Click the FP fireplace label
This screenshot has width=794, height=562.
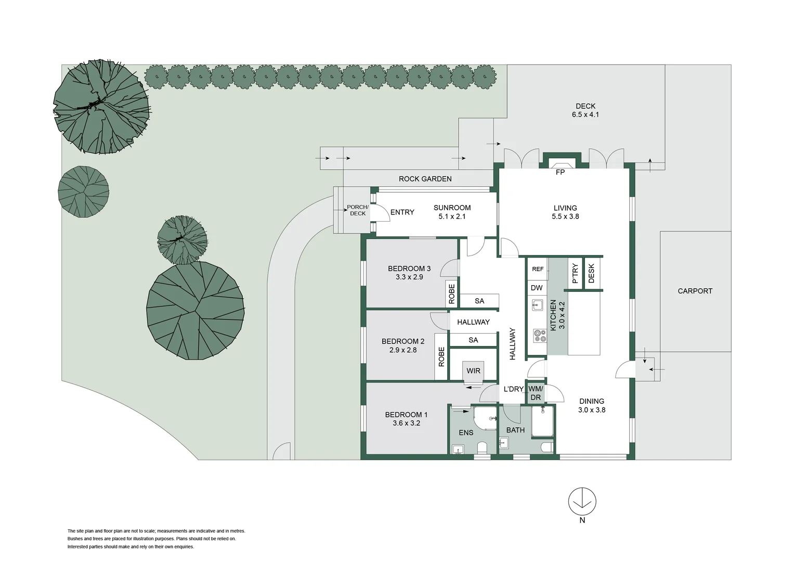[x=560, y=172]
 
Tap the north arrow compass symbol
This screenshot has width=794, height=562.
[x=582, y=502]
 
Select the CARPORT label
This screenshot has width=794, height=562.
[x=695, y=291]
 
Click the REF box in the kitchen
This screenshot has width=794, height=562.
[x=538, y=269]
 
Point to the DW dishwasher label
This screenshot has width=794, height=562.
[x=537, y=288]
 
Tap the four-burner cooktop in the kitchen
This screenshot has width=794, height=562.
[x=540, y=336]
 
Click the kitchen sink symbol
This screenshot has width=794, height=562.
[x=538, y=305]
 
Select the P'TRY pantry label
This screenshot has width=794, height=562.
[x=575, y=273]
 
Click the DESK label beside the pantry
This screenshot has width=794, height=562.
[x=591, y=273]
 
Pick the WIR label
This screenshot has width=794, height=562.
[x=473, y=371]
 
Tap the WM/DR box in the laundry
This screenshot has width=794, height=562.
[x=536, y=393]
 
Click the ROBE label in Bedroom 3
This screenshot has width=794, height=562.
[x=451, y=294]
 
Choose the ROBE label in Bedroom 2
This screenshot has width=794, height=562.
[x=441, y=357]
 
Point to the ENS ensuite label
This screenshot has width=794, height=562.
[x=466, y=432]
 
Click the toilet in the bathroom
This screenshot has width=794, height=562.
[x=546, y=446]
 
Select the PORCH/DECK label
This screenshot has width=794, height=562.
[x=358, y=210]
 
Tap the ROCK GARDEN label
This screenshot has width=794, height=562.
[x=425, y=179]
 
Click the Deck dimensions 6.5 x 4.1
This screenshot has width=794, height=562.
[x=585, y=114]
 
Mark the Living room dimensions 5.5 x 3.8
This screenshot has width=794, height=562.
[x=565, y=216]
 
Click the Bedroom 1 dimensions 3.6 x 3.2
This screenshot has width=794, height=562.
[x=406, y=423]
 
